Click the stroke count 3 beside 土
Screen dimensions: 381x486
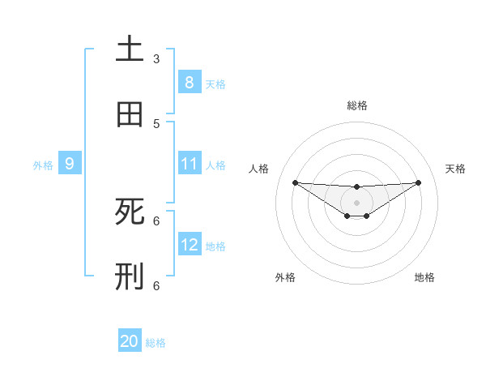click(156, 58)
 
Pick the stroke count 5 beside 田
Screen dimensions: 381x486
click(156, 123)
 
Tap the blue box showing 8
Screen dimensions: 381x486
click(189, 83)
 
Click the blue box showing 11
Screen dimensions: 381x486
click(189, 164)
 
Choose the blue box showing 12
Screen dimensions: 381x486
click(189, 245)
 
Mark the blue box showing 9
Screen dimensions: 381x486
click(70, 164)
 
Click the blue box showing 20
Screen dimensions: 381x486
click(130, 342)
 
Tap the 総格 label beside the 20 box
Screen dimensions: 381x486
click(156, 343)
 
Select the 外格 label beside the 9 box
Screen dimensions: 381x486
click(43, 165)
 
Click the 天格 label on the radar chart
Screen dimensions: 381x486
click(455, 169)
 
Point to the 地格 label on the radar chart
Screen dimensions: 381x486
click(424, 277)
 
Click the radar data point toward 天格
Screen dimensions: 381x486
click(418, 182)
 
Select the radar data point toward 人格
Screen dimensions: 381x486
click(295, 182)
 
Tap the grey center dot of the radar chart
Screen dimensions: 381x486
click(356, 203)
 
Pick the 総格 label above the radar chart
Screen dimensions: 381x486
click(356, 105)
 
